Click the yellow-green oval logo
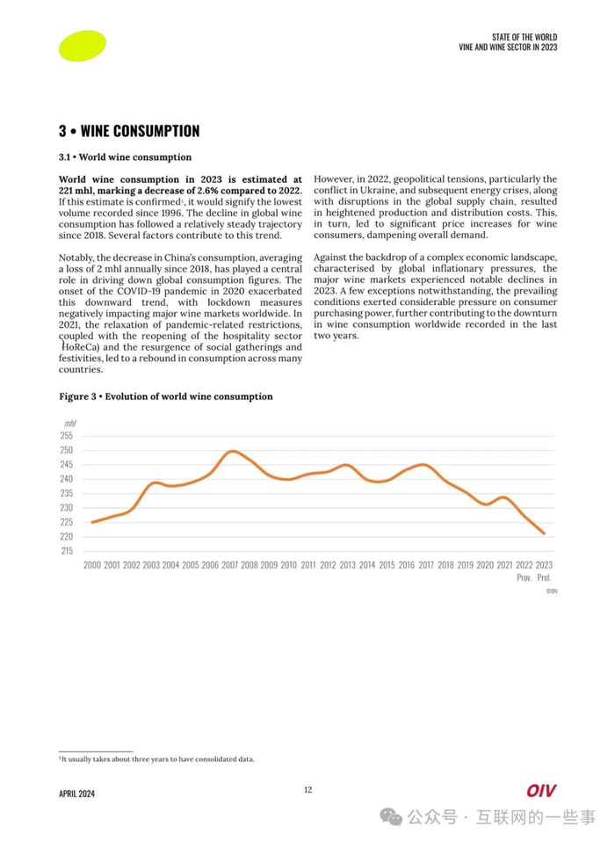(x=82, y=46)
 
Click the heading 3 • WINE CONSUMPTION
(x=129, y=131)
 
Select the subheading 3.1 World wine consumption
(x=125, y=157)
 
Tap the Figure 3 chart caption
(x=165, y=396)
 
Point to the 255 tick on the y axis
(x=67, y=436)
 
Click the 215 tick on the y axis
(x=67, y=551)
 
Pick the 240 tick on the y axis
(x=67, y=479)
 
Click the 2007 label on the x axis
(x=229, y=565)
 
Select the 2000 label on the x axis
(x=92, y=565)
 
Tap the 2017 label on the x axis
(x=426, y=565)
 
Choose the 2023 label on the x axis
(x=544, y=565)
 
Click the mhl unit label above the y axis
(x=69, y=423)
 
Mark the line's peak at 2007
(x=231, y=451)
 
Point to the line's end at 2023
(x=544, y=534)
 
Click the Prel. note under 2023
(x=544, y=577)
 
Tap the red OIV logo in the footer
(x=541, y=791)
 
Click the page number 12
(x=307, y=789)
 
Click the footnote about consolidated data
(x=156, y=759)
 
